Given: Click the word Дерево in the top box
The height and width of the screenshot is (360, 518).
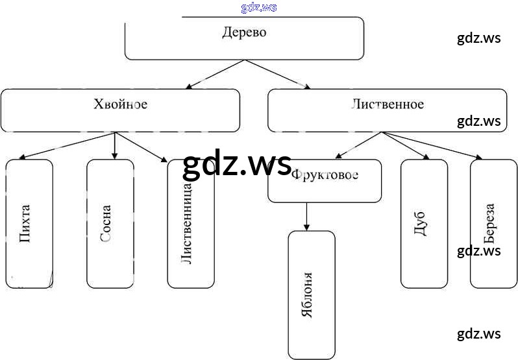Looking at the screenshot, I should [244, 32].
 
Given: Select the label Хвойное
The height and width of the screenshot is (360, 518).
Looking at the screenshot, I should [120, 104].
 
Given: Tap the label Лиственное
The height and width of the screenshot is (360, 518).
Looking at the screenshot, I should [388, 104].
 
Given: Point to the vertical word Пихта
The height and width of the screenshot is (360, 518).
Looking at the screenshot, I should [25, 223].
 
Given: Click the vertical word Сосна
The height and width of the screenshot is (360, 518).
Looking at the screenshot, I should [106, 223].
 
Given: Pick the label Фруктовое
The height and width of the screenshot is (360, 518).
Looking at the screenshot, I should [325, 174].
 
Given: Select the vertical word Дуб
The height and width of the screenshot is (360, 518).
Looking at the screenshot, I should [420, 223].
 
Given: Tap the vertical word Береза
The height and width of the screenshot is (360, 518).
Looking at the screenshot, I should [490, 223].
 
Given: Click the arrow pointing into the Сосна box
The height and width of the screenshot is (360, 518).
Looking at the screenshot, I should [115, 145].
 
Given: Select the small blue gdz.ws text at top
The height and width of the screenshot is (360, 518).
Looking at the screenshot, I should [258, 7].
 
